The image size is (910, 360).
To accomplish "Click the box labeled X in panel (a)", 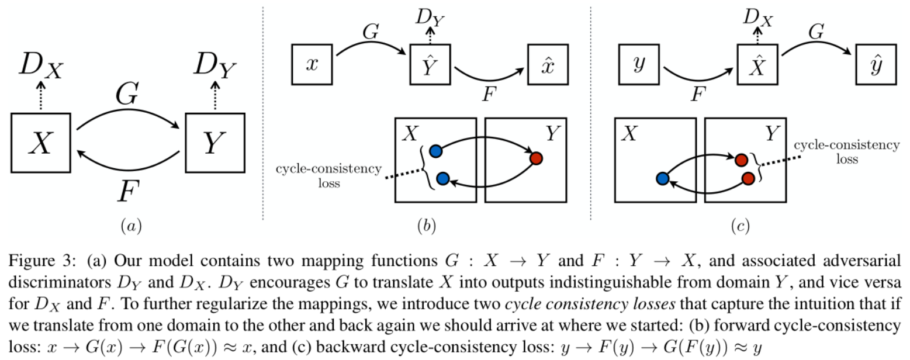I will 40,143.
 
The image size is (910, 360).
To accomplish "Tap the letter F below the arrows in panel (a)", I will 124,191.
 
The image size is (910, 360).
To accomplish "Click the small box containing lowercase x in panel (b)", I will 312,63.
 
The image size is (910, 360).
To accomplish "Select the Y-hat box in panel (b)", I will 430,64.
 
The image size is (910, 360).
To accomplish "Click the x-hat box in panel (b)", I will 547,63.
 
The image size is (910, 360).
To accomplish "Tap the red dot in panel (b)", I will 535,158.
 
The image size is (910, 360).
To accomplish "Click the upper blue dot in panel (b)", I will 435,151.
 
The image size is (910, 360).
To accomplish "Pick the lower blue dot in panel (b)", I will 442,178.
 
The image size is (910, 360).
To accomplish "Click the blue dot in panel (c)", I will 662,178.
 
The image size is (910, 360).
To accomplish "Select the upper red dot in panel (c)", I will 741,160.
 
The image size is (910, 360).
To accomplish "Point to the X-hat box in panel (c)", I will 757,64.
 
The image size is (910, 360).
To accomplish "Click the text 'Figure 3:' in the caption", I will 29,259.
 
